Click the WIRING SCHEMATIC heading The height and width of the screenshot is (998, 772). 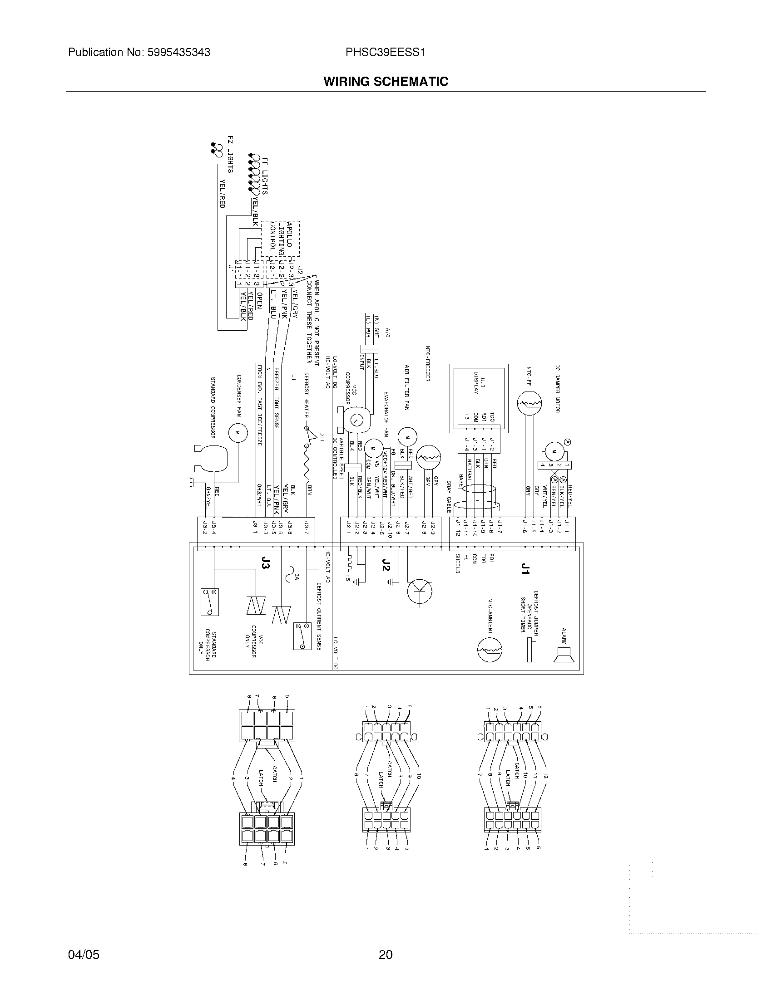tap(386, 82)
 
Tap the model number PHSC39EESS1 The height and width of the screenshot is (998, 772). tap(386, 53)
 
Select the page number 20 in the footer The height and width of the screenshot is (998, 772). tap(386, 954)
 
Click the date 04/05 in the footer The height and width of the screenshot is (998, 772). tap(84, 954)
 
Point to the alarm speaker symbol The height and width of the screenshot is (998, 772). tap(562, 655)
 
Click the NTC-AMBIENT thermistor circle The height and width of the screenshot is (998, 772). tap(490, 649)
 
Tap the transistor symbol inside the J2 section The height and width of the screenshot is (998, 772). tap(420, 591)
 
